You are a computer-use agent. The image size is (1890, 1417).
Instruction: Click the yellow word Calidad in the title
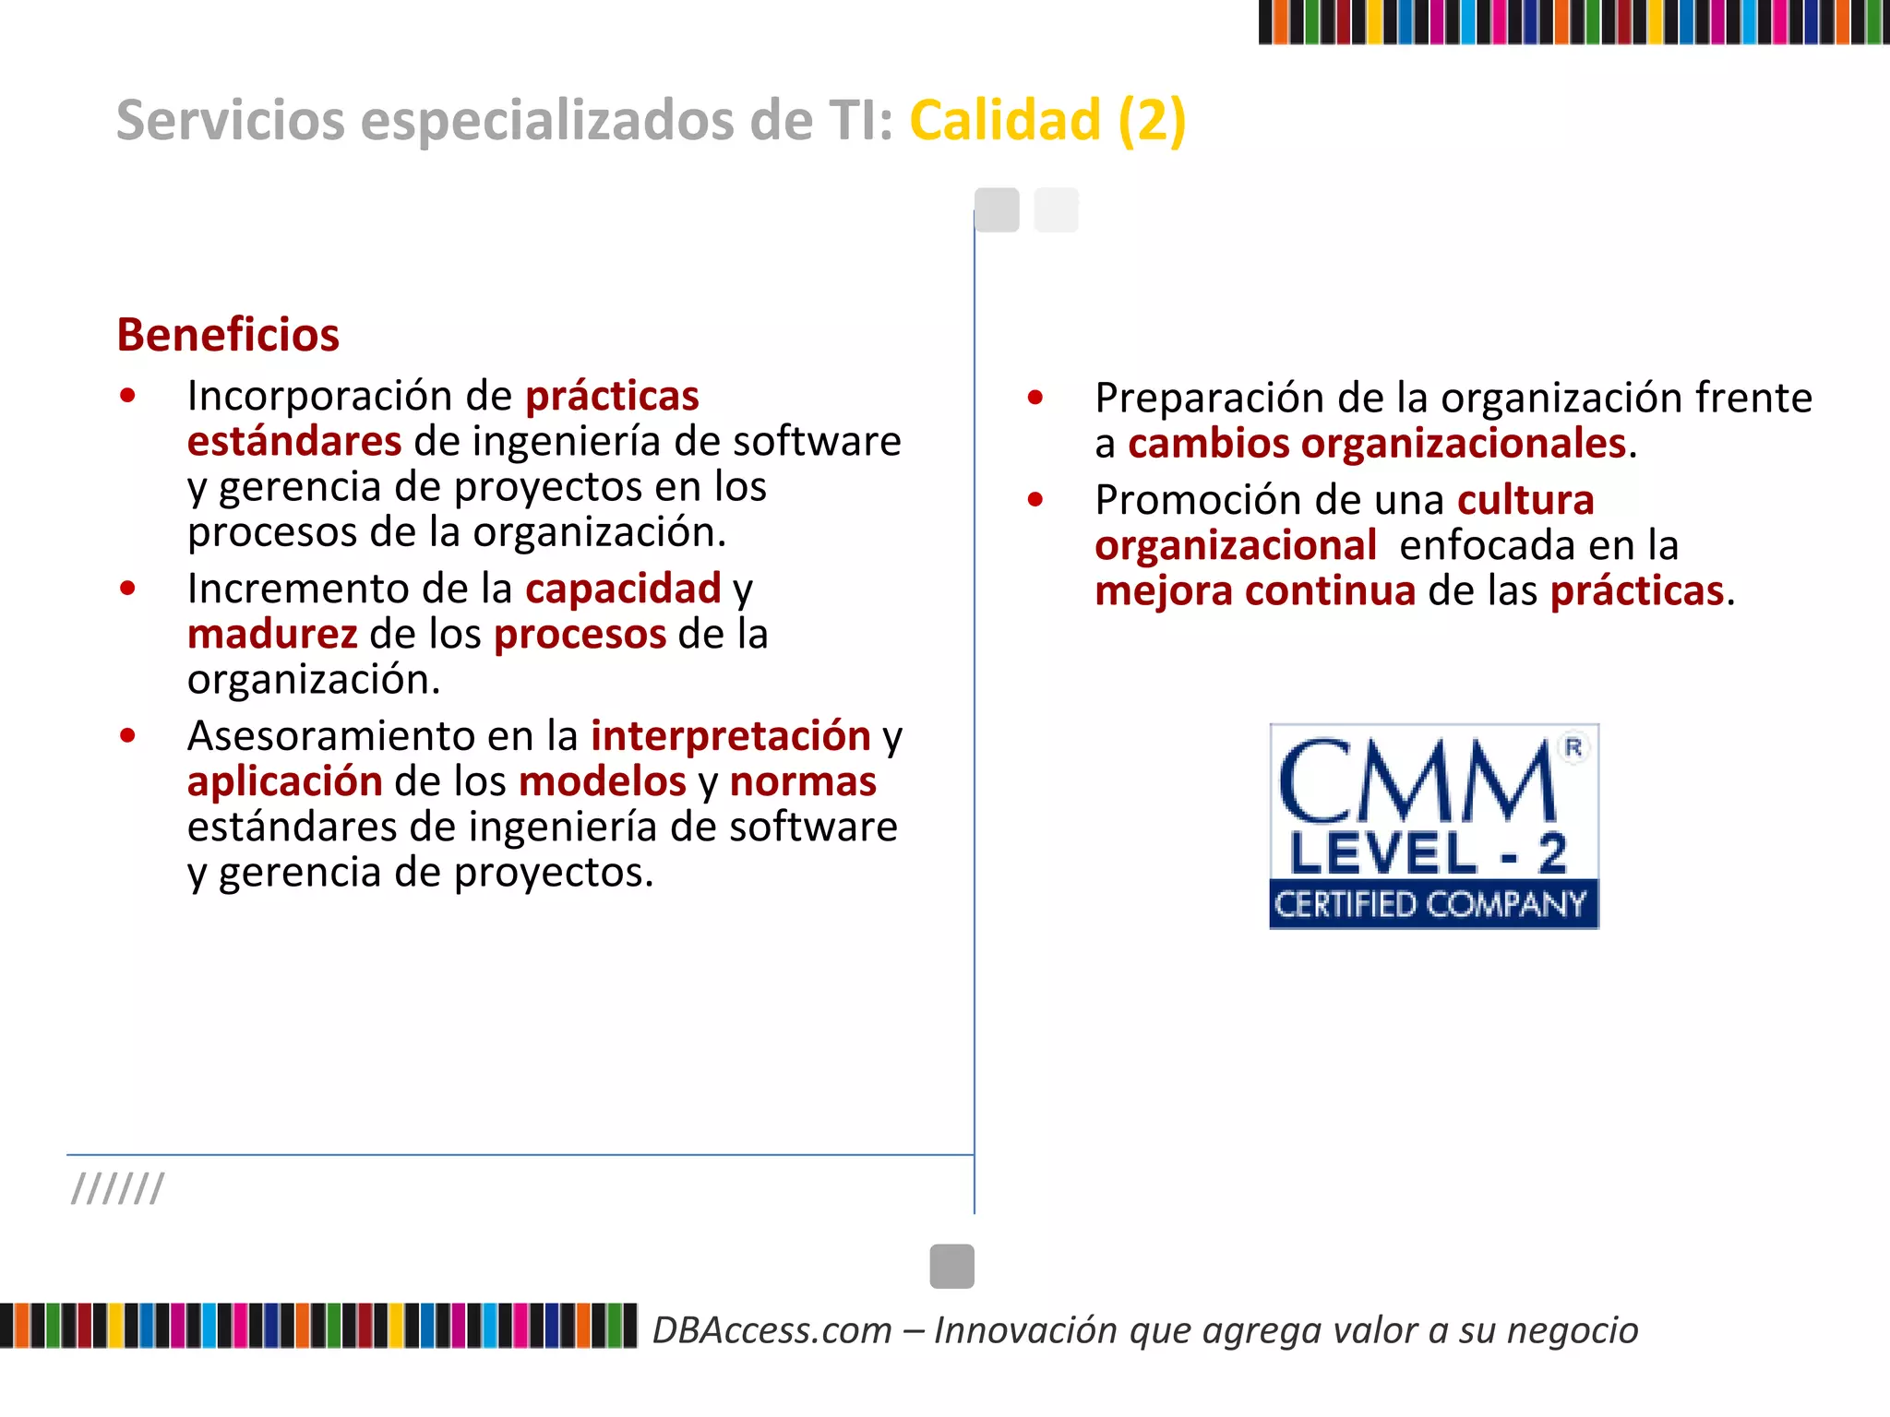coord(1005,120)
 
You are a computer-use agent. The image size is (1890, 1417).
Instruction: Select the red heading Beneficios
coord(228,334)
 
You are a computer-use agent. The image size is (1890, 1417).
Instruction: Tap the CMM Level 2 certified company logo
coord(1433,826)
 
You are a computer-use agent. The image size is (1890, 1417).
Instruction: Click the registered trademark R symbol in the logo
coord(1573,747)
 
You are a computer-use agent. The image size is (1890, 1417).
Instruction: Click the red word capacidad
coord(623,589)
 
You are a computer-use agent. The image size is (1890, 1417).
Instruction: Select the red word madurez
coord(272,635)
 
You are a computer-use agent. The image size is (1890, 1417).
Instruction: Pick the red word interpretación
coord(731,736)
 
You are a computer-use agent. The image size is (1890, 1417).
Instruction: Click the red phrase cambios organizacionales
coord(1376,444)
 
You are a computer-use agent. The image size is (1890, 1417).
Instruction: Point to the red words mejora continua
coord(1255,591)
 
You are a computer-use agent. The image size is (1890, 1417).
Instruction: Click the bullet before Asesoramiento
coord(128,735)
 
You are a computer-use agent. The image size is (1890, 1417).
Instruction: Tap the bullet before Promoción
coord(1035,499)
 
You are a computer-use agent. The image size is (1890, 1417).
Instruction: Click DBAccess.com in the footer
coord(772,1330)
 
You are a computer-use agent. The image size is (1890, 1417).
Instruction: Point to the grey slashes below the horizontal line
coord(118,1189)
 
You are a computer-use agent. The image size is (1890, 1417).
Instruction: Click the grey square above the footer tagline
coord(951,1266)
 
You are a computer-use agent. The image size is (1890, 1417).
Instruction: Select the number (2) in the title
coord(1152,120)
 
